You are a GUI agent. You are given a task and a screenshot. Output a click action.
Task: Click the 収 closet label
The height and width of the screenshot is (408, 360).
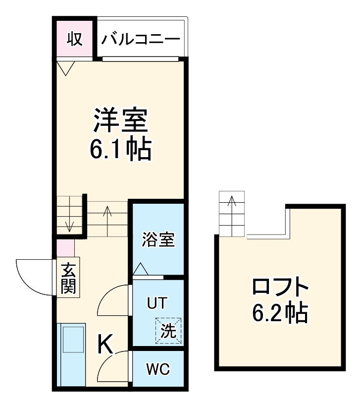[74, 38]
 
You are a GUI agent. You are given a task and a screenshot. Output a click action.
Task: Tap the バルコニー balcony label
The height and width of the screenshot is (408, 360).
[140, 39]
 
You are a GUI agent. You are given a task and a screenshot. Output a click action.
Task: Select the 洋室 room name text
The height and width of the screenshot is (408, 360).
[120, 119]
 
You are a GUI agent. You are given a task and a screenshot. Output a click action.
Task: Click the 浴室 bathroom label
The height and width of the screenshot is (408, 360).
[157, 239]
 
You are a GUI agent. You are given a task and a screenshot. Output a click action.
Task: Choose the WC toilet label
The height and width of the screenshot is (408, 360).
[157, 369]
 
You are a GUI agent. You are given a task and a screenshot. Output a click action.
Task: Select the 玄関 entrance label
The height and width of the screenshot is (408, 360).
[68, 279]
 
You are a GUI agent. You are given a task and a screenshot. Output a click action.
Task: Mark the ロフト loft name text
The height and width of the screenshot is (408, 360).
[280, 288]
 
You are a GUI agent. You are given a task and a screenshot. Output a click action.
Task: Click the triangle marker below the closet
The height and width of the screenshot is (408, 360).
[65, 68]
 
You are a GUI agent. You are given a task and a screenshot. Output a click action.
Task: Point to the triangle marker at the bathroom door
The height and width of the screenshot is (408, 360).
[141, 269]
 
